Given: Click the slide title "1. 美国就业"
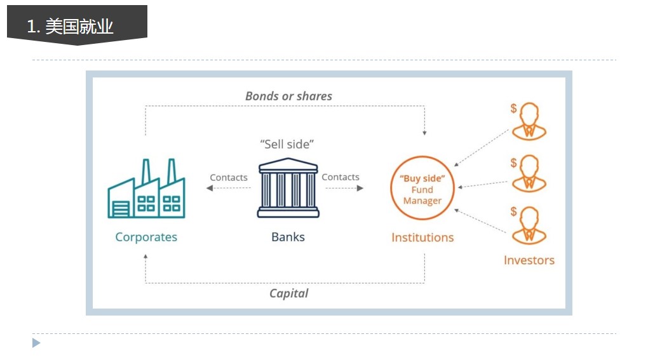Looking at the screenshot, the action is (x=71, y=27).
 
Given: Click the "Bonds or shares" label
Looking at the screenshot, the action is (x=288, y=97).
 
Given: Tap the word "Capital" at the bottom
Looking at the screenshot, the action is (x=289, y=293).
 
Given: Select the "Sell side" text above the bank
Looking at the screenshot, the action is (x=287, y=144).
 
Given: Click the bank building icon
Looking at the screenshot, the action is (x=288, y=188).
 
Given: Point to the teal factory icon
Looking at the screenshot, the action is (x=146, y=189).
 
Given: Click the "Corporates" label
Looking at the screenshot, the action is (x=146, y=237).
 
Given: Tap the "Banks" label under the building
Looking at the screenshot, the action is (x=288, y=237).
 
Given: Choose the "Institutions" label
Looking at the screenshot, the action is (x=422, y=237).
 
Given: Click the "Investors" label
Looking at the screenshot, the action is (x=529, y=260).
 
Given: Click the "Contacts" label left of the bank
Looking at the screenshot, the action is (x=229, y=178).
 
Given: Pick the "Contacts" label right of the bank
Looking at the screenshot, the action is (x=341, y=177).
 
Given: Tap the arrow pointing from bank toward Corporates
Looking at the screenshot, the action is (x=229, y=189).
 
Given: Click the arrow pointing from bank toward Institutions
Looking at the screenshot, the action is (x=344, y=189).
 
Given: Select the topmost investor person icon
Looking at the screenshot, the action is (x=529, y=121).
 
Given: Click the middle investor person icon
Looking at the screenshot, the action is (x=529, y=173).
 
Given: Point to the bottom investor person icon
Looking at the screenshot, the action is (x=529, y=225).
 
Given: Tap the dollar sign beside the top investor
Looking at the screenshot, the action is (x=514, y=108).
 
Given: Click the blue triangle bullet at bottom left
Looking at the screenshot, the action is (x=36, y=343).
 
